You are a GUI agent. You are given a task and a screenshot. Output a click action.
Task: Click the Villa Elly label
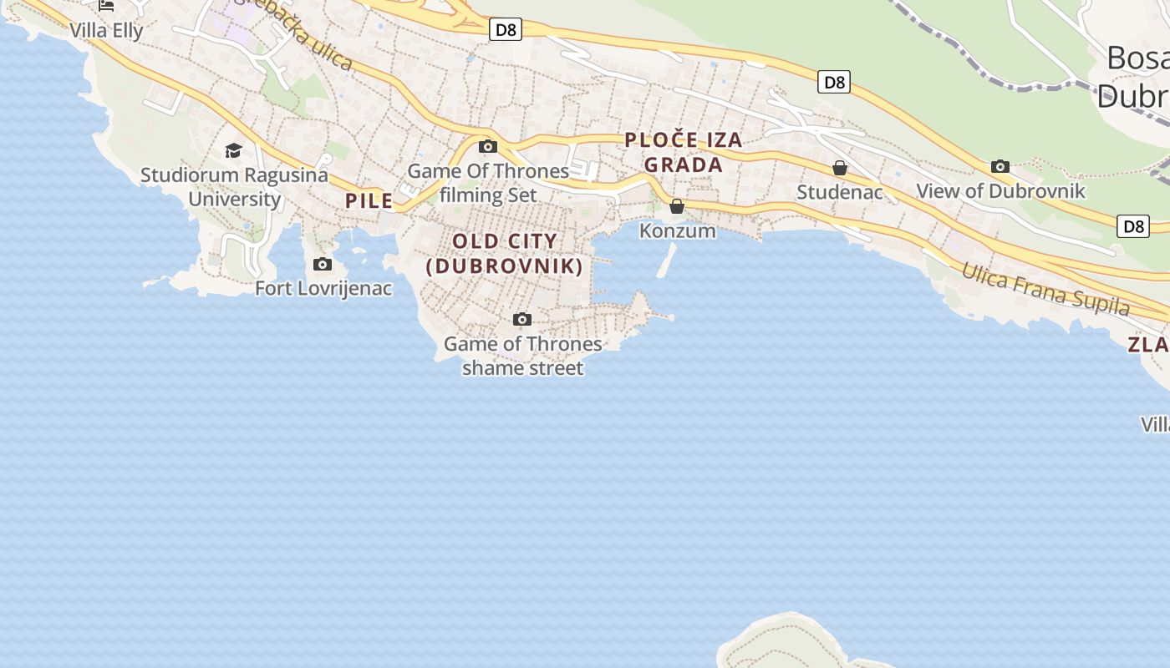point(106,30)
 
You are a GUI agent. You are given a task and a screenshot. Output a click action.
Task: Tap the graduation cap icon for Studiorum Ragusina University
point(233,150)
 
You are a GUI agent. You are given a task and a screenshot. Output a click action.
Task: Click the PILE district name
point(369,200)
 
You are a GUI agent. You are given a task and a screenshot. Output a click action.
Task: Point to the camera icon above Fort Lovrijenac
point(322,265)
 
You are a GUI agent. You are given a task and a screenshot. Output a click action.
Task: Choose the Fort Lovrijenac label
point(323,288)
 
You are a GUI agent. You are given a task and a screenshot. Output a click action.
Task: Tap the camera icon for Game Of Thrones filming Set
point(488,147)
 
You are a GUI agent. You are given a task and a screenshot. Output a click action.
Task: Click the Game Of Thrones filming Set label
point(488,183)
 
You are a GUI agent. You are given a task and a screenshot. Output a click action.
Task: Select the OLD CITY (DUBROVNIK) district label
point(504,254)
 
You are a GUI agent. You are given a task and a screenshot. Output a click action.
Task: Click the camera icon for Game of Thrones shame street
point(522,319)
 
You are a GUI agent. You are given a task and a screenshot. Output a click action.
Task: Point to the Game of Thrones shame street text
point(522,356)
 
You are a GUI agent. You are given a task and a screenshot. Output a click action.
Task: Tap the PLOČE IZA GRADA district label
point(684,152)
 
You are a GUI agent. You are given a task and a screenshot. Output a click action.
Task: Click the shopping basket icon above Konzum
point(677,206)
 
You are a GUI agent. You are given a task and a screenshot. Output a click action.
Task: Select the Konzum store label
point(678,230)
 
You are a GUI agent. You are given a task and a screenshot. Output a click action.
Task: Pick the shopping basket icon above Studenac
point(840,169)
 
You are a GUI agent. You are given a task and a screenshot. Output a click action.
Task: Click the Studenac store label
point(840,192)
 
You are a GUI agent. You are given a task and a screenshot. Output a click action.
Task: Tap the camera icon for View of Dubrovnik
point(1000,167)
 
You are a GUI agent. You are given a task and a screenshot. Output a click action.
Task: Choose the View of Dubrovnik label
point(1000,190)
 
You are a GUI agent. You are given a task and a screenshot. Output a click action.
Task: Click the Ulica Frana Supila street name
point(1045,290)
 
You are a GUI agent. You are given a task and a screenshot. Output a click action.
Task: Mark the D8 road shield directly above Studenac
point(834,82)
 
